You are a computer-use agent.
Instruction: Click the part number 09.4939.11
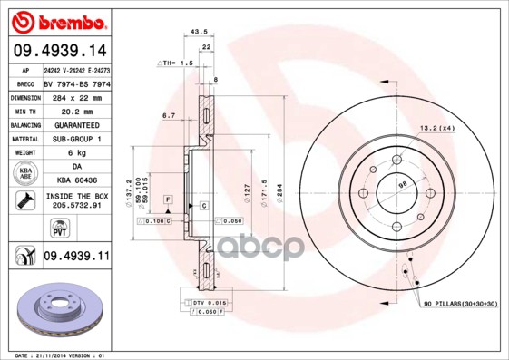(x=76, y=257)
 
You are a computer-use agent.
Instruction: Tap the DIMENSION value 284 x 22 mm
(x=76, y=96)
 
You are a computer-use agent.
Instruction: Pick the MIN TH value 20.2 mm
(x=76, y=110)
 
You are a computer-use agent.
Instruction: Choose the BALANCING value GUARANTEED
(x=76, y=124)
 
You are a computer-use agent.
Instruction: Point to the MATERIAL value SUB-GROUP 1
(x=76, y=139)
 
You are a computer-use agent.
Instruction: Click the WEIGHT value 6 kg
(x=76, y=153)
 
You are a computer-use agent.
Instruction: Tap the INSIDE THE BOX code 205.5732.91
(x=76, y=207)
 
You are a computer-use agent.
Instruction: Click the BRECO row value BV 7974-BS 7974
(x=76, y=82)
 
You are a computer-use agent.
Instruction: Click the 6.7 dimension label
(x=168, y=116)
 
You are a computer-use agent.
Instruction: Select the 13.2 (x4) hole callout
(x=438, y=129)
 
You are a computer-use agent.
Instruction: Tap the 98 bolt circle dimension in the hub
(x=403, y=187)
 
